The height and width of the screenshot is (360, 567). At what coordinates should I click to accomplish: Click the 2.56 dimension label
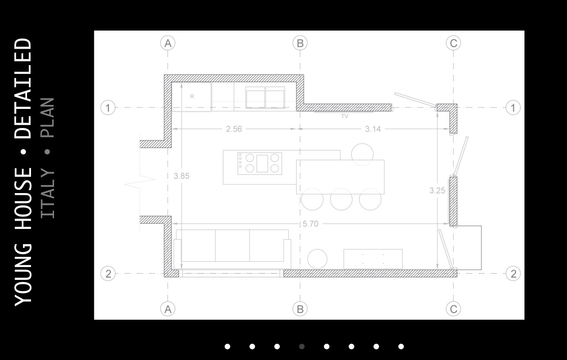coord(234,129)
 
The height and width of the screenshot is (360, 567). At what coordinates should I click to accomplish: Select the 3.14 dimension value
coord(373,129)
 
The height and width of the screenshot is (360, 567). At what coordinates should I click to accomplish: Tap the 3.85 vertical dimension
coord(182,176)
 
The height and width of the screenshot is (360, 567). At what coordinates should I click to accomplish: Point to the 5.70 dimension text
coord(311,224)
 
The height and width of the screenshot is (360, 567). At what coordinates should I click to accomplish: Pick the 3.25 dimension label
coord(437,190)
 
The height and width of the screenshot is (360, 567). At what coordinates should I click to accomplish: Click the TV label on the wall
coord(345,116)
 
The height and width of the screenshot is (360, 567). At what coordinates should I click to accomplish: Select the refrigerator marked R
coord(191,97)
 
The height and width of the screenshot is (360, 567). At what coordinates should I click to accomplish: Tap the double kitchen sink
coord(265,98)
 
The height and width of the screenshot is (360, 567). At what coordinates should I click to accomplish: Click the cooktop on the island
coord(260,163)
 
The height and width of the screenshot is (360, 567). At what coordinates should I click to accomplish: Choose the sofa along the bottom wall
coord(233,249)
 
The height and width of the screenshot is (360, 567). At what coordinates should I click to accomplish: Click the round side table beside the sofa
coord(317,259)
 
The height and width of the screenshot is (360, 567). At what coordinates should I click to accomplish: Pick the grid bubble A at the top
coord(168,43)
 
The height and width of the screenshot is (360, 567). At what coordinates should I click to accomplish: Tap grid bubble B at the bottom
coord(300,309)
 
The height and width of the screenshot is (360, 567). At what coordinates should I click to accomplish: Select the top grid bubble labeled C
coord(453,43)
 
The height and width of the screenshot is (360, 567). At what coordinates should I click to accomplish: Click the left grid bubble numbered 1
coord(108,108)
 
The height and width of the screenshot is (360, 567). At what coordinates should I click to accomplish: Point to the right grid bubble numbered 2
coord(513,274)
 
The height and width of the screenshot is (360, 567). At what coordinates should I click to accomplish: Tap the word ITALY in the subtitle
coord(47,193)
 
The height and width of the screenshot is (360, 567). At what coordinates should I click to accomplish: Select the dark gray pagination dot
coord(302,347)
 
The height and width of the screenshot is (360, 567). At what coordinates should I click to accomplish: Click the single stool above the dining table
coord(362,155)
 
